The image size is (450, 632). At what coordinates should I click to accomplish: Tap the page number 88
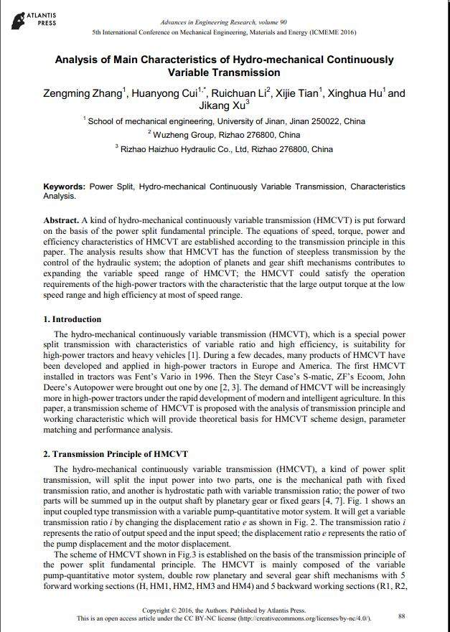402,616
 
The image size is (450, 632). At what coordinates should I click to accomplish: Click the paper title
224,66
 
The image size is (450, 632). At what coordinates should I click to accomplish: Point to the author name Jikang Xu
224,106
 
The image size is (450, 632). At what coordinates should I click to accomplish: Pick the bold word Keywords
64,187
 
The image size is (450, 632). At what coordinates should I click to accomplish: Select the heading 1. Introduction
72,319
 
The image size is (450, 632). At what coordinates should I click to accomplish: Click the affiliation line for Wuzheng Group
224,135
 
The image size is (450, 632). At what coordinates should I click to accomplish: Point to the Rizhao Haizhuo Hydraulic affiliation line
224,150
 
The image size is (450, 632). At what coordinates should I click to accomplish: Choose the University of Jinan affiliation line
224,122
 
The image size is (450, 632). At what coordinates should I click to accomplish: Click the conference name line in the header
224,33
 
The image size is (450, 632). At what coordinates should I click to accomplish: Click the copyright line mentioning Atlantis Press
224,610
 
